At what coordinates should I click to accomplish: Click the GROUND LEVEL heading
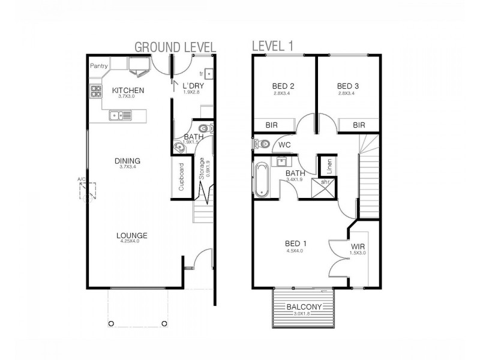[x=175, y=47]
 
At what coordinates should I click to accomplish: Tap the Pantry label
[x=99, y=65]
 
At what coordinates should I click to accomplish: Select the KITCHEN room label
[x=128, y=91]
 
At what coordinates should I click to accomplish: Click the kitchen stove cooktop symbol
[x=96, y=92]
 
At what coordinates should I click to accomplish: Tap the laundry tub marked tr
[x=208, y=74]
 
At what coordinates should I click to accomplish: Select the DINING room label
[x=128, y=161]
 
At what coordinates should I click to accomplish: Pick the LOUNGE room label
[x=132, y=235]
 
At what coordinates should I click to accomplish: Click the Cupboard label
[x=181, y=178]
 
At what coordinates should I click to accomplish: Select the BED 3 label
[x=347, y=85]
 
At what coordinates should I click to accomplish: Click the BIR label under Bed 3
[x=359, y=125]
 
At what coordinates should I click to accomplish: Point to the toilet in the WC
[x=262, y=144]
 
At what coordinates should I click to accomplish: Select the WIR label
[x=358, y=246]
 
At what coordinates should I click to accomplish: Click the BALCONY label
[x=303, y=307]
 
